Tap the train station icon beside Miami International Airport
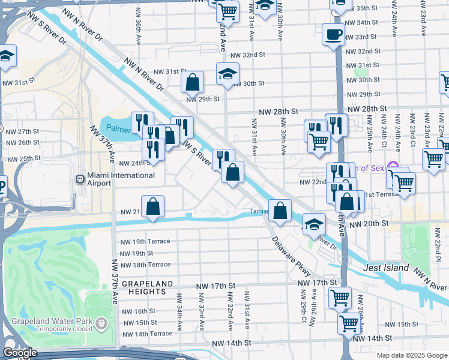click(80, 179)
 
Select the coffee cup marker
click(333, 35)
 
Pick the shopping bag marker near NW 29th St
click(193, 82)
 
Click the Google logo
click(20, 353)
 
